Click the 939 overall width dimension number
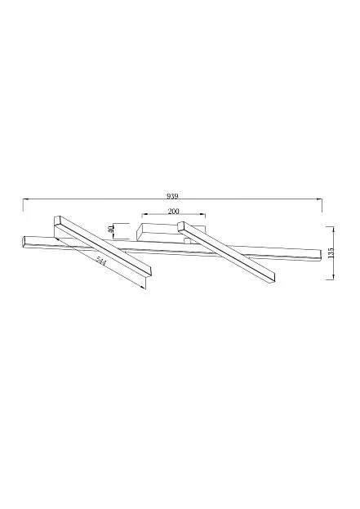click(172, 196)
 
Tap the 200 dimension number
click(174, 212)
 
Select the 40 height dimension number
click(110, 229)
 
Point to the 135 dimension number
click(331, 253)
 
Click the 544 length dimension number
click(101, 261)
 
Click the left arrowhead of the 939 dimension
click(25, 199)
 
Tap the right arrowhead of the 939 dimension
click(320, 199)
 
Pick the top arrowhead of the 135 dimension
click(333, 230)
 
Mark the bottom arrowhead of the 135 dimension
click(333, 277)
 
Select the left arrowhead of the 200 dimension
click(144, 214)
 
